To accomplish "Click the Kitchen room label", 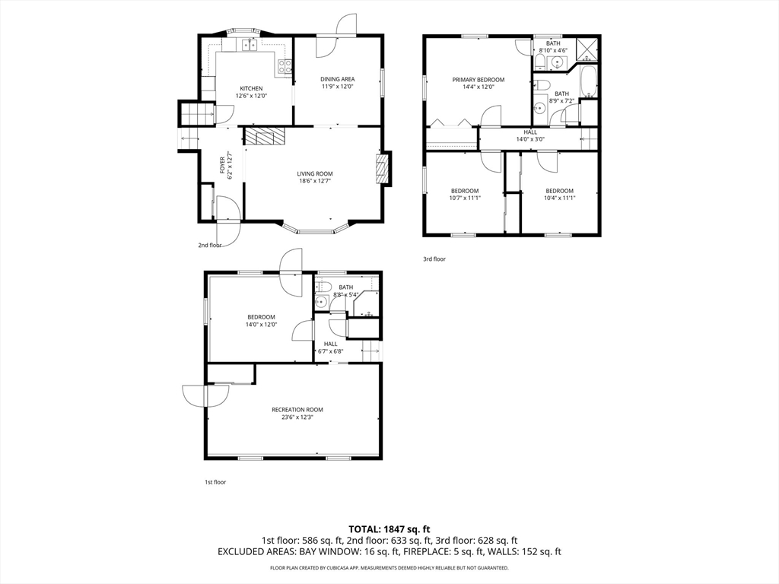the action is pos(251,89).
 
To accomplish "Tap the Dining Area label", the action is pos(337,79).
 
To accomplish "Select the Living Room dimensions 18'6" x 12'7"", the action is pos(315,181).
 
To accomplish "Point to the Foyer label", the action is pos(222,165).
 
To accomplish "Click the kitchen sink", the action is pos(250,45).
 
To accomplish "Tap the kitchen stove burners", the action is pos(285,67).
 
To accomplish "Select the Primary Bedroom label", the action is pos(478,79).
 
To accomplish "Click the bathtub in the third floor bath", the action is pos(588,82).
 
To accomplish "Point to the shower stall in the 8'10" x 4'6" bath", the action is pos(588,49).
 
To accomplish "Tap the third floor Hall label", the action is pos(530,132).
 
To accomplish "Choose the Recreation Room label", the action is pos(297,410).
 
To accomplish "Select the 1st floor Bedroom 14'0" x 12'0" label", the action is pos(262,321).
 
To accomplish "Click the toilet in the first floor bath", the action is pos(323,287).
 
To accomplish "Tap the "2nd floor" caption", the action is pos(210,245).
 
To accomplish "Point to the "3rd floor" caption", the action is pos(434,259).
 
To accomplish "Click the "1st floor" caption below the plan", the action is pos(215,481).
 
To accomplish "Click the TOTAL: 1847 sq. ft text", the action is pos(389,529).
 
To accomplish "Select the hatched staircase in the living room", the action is pos(265,136).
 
